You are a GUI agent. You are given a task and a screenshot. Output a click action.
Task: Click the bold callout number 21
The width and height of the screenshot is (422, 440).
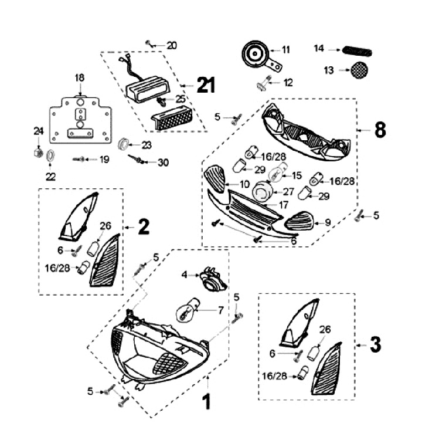pyautogui.click(x=205, y=86)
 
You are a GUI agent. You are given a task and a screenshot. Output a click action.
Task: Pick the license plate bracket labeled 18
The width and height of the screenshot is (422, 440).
pyautogui.click(x=80, y=120)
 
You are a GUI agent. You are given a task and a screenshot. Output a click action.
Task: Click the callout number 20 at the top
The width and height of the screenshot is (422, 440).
pyautogui.click(x=171, y=45)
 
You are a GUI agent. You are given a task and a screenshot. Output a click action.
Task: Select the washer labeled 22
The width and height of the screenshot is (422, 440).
pyautogui.click(x=51, y=155)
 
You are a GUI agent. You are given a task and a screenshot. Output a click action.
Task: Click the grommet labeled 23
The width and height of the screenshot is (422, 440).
pyautogui.click(x=123, y=144)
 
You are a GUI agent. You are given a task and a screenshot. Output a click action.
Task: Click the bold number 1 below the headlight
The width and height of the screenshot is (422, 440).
pyautogui.click(x=206, y=402)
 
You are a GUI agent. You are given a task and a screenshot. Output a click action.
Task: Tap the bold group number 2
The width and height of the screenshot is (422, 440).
pyautogui.click(x=144, y=226)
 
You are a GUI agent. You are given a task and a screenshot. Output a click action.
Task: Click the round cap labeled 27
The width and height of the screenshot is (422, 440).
pyautogui.click(x=262, y=191)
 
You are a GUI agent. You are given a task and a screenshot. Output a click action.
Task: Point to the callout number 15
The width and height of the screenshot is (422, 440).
pyautogui.click(x=296, y=175)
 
